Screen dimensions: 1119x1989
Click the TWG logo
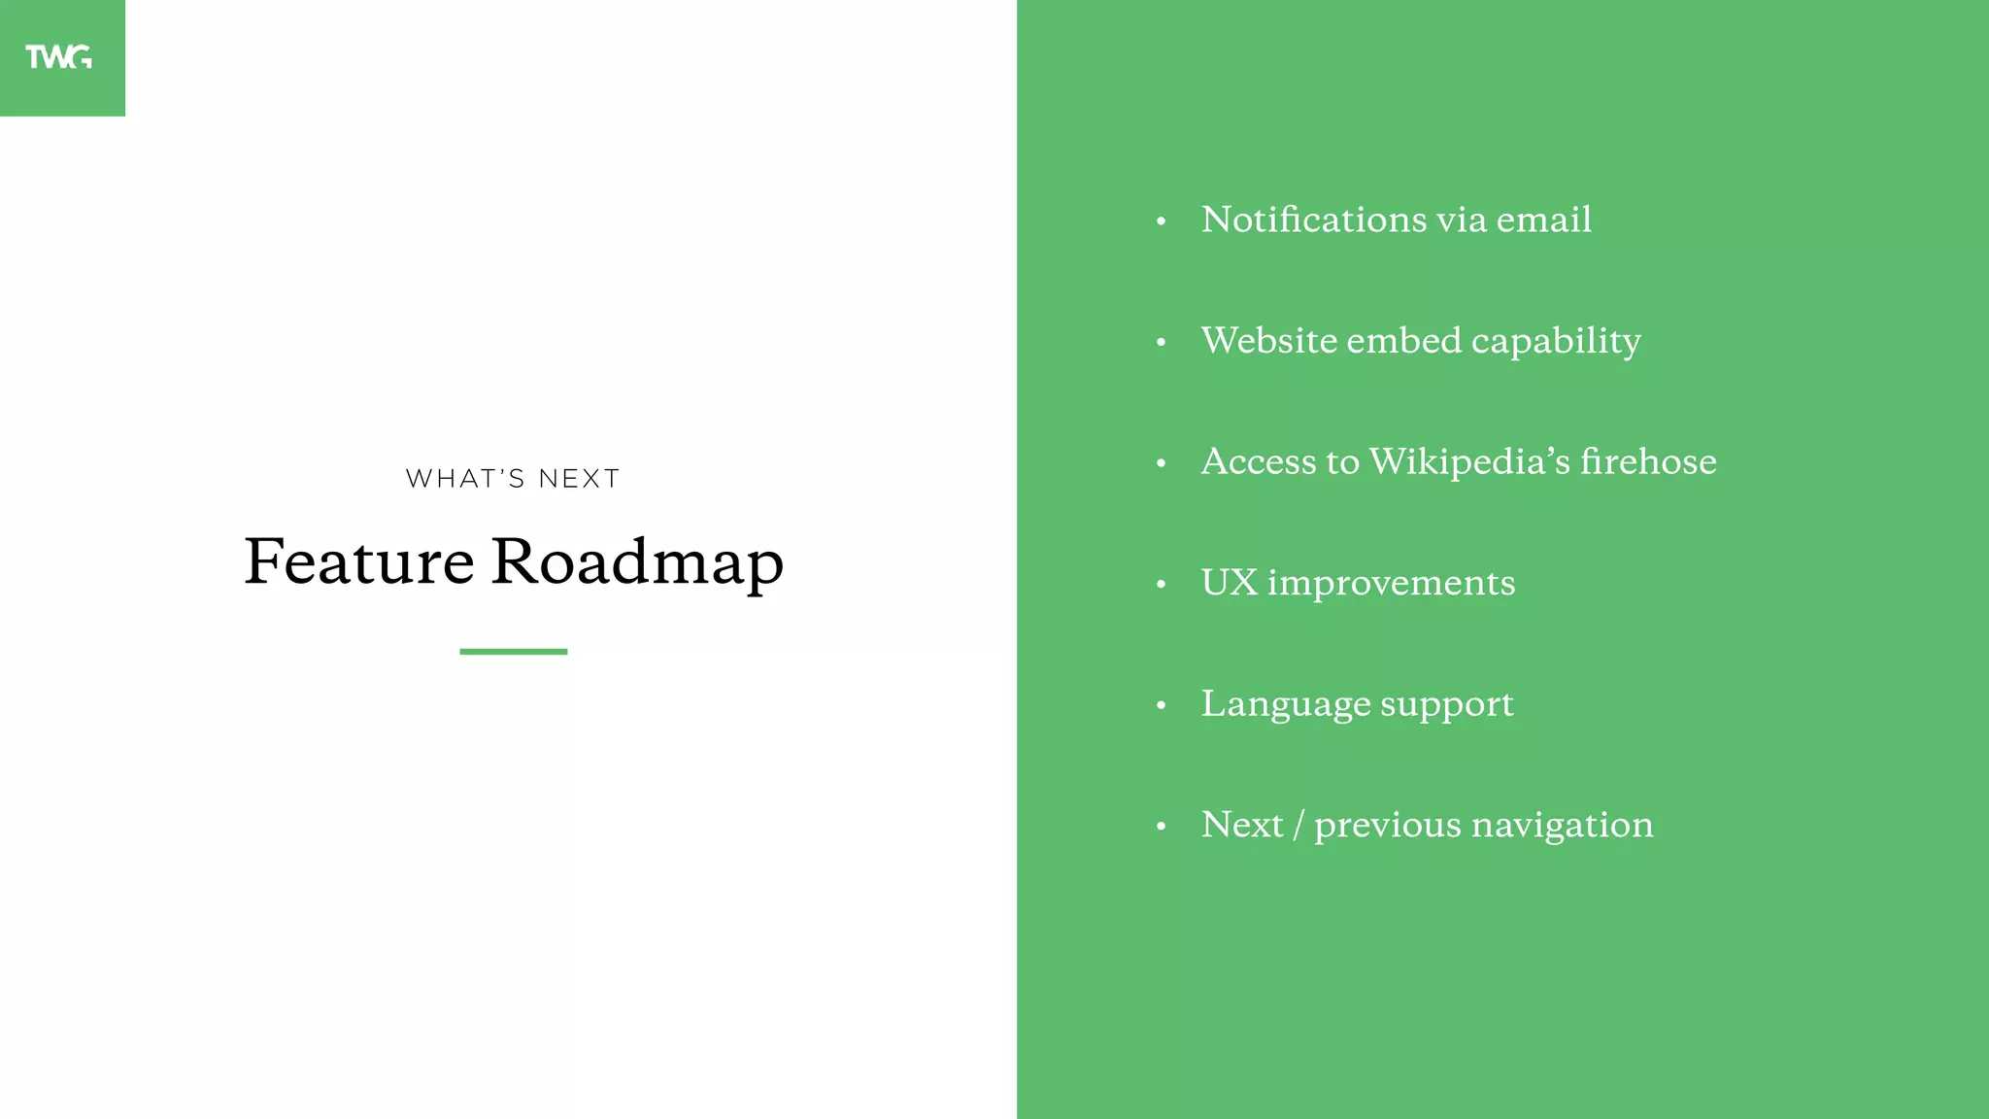[59, 57]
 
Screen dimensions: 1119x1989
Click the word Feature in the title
[358, 561]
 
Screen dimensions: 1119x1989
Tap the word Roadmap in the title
[637, 561]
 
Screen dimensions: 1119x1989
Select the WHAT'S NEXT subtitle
[513, 479]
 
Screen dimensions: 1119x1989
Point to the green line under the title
[513, 652]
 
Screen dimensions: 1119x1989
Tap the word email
[1543, 220]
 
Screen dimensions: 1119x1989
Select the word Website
[1269, 341]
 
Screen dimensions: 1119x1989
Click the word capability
[1556, 342]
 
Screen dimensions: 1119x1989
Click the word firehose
[1648, 461]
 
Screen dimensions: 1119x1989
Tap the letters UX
[1229, 583]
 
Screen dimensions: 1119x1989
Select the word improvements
[1391, 584]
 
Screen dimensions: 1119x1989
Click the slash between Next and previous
[1298, 826]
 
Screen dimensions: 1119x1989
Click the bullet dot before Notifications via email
[1161, 222]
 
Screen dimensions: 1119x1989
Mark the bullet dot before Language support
[1161, 706]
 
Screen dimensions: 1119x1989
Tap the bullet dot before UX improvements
[1161, 585]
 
